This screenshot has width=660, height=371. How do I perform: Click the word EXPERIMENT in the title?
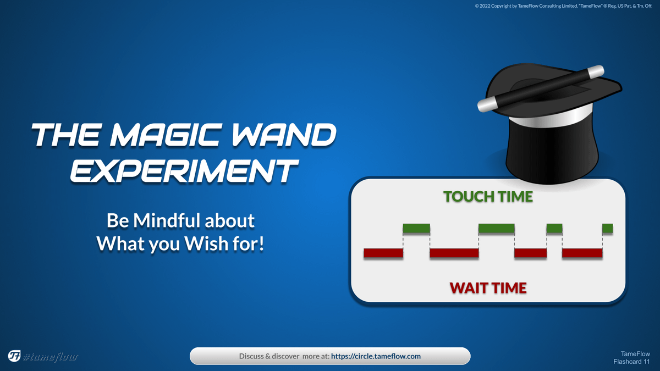184,171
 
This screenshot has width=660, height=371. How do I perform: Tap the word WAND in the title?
284,135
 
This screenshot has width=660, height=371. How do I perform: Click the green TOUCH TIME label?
488,196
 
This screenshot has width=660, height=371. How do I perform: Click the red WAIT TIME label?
488,288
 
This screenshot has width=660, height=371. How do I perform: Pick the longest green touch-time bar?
497,229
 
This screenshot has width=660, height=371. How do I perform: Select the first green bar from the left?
416,229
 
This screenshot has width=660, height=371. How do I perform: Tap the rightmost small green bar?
608,229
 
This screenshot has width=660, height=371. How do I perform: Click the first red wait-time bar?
383,253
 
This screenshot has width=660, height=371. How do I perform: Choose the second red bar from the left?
454,253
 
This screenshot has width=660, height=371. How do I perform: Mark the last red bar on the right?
582,253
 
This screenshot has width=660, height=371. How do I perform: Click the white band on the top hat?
551,118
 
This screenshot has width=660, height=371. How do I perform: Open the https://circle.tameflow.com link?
376,356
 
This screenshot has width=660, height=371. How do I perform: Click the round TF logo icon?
14,356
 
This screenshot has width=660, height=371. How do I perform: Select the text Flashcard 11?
631,362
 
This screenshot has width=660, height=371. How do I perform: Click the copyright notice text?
563,6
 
